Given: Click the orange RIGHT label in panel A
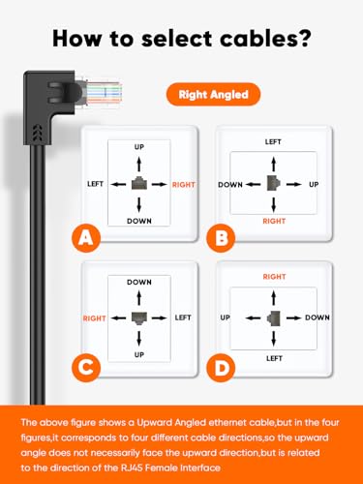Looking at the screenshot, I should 184,182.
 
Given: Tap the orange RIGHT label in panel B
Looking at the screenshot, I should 275,221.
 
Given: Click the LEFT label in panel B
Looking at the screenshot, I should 275,141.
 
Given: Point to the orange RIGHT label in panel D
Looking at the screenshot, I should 275,276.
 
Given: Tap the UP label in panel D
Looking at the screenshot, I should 226,316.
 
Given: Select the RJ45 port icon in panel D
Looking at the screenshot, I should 275,316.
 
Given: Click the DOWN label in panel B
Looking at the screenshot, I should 230,182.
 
